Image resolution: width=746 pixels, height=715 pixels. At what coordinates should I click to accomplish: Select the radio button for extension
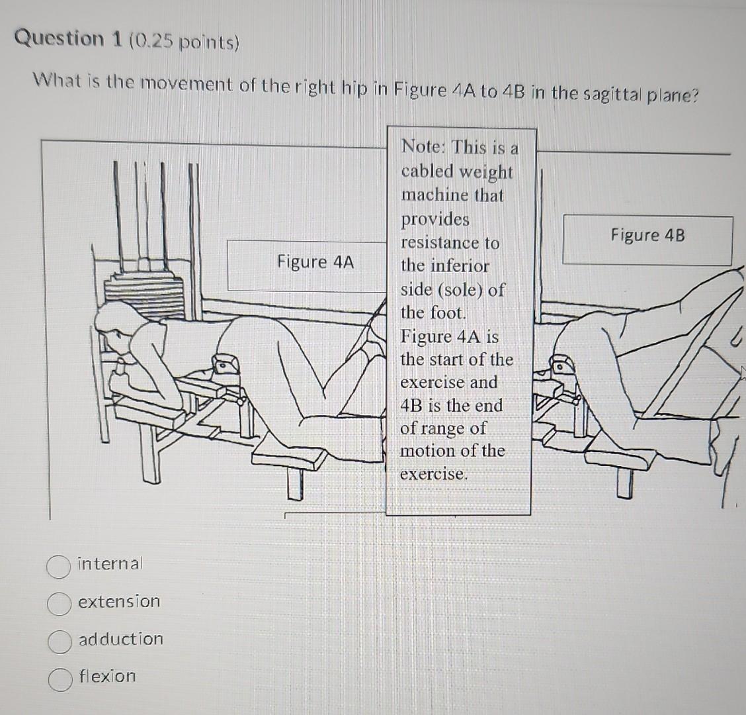[60, 603]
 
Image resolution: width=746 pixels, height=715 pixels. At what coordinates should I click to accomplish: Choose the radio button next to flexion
[60, 679]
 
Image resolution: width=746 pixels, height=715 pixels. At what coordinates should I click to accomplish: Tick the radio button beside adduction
[60, 641]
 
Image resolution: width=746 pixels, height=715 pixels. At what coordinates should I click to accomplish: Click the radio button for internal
[60, 566]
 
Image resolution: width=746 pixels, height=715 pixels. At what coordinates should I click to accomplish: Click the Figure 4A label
[315, 262]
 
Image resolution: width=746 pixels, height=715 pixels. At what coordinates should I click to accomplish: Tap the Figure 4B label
[647, 236]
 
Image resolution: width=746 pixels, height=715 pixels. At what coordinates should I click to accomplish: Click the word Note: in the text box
[424, 146]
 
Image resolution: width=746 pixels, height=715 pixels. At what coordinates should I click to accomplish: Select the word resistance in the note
[450, 243]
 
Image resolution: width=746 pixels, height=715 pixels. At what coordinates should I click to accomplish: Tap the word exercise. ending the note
[434, 474]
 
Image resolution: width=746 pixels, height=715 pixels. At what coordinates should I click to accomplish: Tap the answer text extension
[119, 602]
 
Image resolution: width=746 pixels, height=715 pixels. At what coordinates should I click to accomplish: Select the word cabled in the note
[427, 171]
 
